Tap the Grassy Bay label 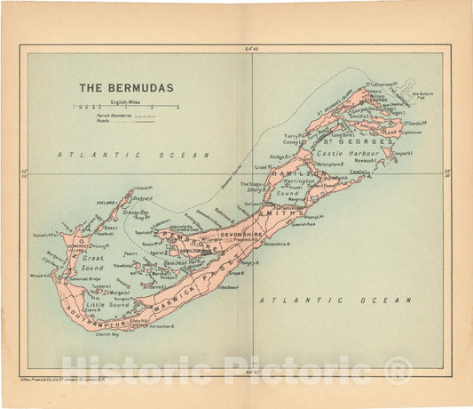pos(136,213)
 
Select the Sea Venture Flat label pos(430,104)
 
